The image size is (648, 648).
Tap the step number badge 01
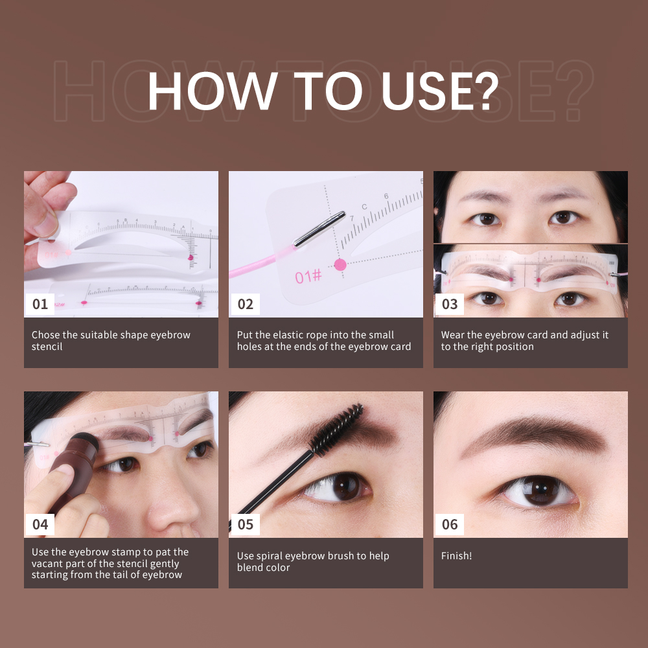pyautogui.click(x=40, y=304)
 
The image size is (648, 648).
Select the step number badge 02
pyautogui.click(x=245, y=304)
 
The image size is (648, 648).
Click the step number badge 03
pyautogui.click(x=449, y=304)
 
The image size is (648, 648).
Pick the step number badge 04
pyautogui.click(x=40, y=524)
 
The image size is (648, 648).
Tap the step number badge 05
pyautogui.click(x=245, y=524)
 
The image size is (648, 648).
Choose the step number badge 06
pyautogui.click(x=449, y=524)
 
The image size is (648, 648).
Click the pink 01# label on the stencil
pyautogui.click(x=308, y=277)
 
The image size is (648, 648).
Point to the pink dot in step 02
pyautogui.click(x=340, y=264)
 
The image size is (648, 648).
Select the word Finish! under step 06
pyautogui.click(x=456, y=556)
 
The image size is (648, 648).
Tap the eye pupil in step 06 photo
pyautogui.click(x=538, y=492)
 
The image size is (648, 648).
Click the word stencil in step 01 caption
pyautogui.click(x=47, y=347)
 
